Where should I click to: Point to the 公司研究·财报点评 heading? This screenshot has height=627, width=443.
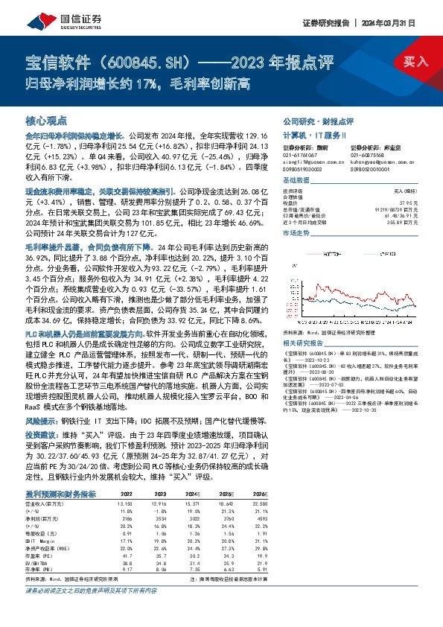pos(318,120)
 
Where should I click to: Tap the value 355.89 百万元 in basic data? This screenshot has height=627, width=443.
pos(401,221)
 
